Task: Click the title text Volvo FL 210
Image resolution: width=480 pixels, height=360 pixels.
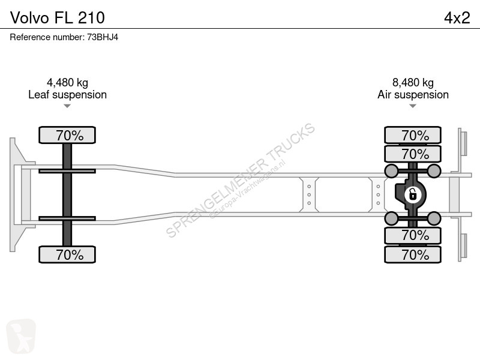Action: [58, 17]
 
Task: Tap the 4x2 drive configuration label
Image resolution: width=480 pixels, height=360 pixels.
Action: [457, 18]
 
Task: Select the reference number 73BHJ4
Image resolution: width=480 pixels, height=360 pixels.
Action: [103, 37]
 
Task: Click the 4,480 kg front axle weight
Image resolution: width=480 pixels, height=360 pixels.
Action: [67, 82]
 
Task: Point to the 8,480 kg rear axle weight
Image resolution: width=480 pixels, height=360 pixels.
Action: [413, 82]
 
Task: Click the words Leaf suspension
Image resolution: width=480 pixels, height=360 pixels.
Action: [67, 95]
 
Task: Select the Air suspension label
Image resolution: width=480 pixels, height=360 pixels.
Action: [413, 95]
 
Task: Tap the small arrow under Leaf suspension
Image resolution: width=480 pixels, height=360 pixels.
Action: [67, 106]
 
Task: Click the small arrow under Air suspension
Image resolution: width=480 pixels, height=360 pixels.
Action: [413, 106]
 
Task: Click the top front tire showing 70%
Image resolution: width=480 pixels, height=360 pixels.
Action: [67, 135]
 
